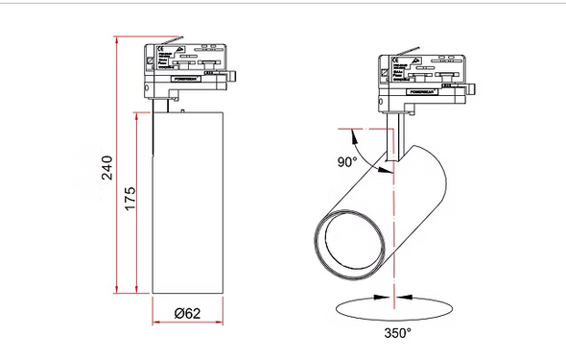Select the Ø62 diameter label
pyautogui.click(x=187, y=313)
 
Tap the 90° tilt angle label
pyautogui.click(x=345, y=160)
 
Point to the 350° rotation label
pyautogui.click(x=395, y=333)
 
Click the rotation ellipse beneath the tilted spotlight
pyautogui.click(x=394, y=308)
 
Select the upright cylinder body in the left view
pyautogui.click(x=187, y=202)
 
